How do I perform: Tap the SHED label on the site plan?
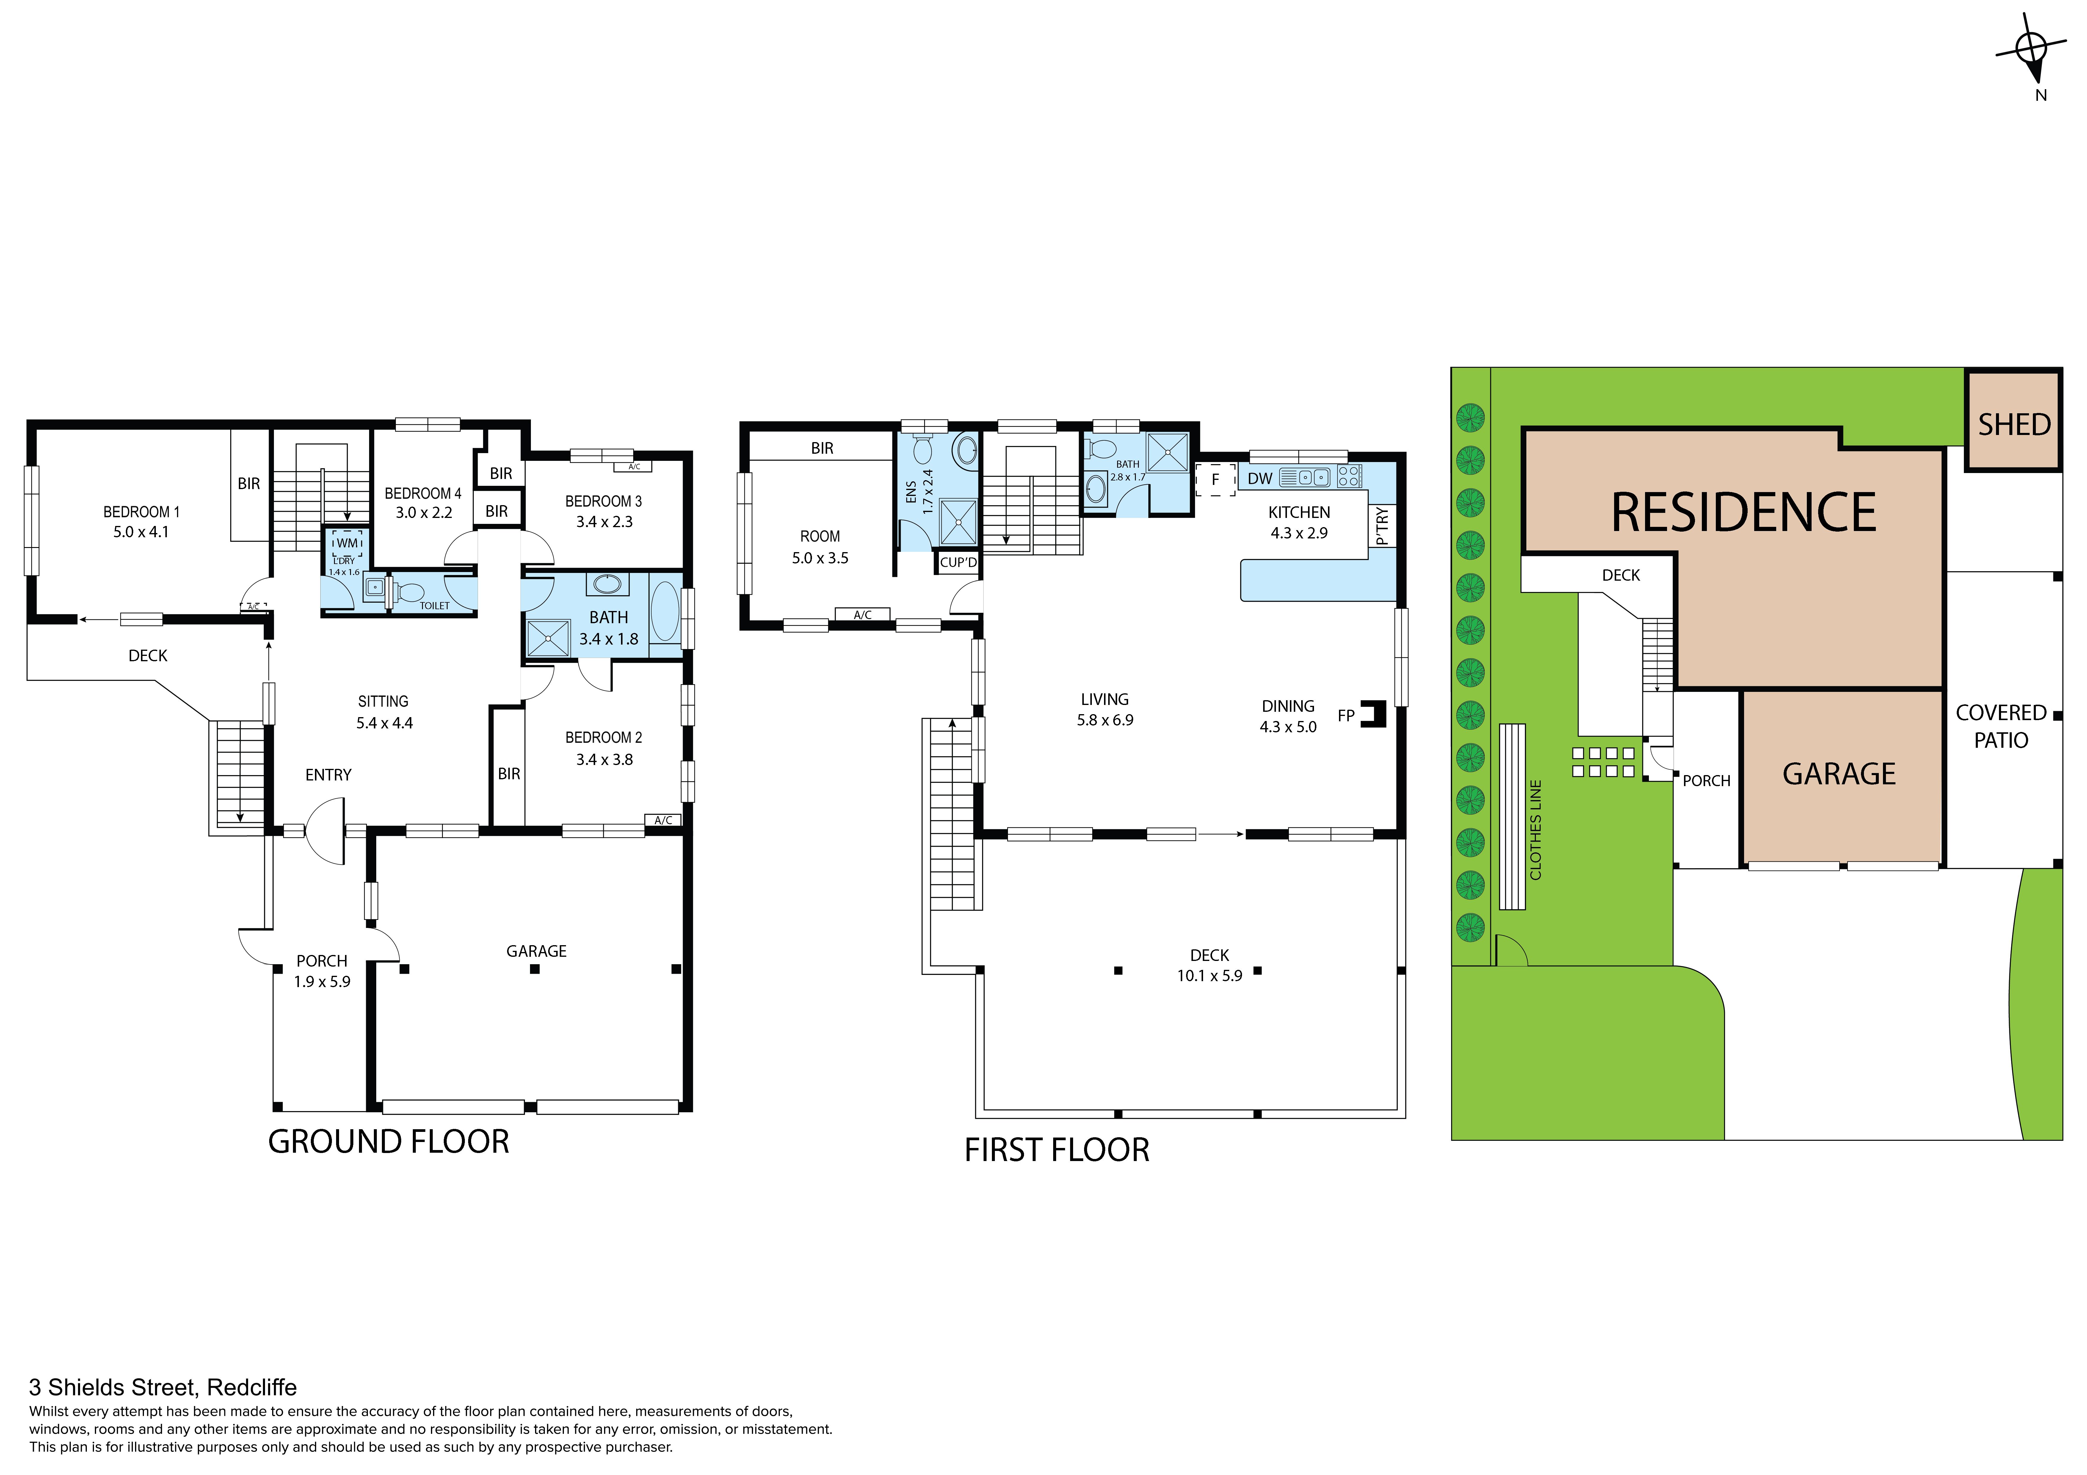coord(2014,424)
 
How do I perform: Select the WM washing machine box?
coord(347,543)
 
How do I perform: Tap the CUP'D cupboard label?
coord(958,563)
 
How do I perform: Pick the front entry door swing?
coord(325,831)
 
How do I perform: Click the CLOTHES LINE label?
coord(1536,830)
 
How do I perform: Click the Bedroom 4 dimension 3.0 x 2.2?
coord(424,513)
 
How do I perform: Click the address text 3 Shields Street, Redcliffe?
coord(163,1388)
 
